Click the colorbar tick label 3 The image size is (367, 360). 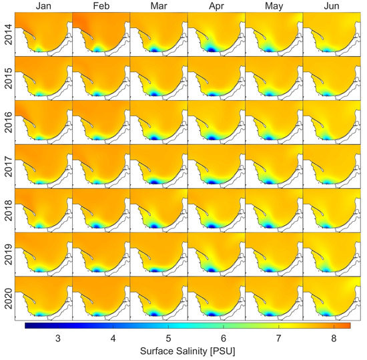pos(57,338)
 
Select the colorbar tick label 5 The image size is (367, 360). pos(169,338)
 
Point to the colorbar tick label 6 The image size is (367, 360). pos(224,338)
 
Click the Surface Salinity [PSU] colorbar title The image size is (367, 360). pos(188,351)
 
